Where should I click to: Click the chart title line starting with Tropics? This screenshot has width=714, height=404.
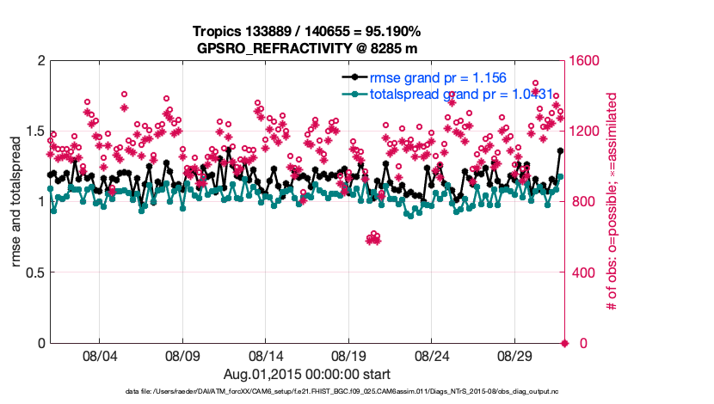point(307,31)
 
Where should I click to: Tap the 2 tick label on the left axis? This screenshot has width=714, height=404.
point(40,61)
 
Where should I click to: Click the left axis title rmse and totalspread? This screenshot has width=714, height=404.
point(15,202)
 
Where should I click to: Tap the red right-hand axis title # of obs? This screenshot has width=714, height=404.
point(613,202)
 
